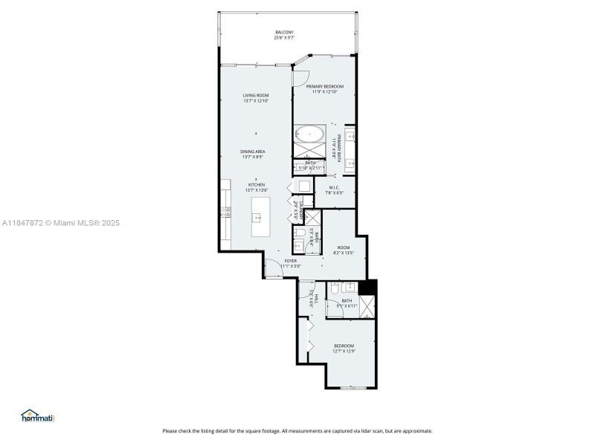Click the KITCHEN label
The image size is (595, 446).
pos(255,187)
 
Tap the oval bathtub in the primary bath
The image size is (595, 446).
pos(309,135)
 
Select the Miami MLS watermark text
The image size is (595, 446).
pos(59,222)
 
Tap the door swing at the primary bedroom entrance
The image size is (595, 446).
pos(300,74)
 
